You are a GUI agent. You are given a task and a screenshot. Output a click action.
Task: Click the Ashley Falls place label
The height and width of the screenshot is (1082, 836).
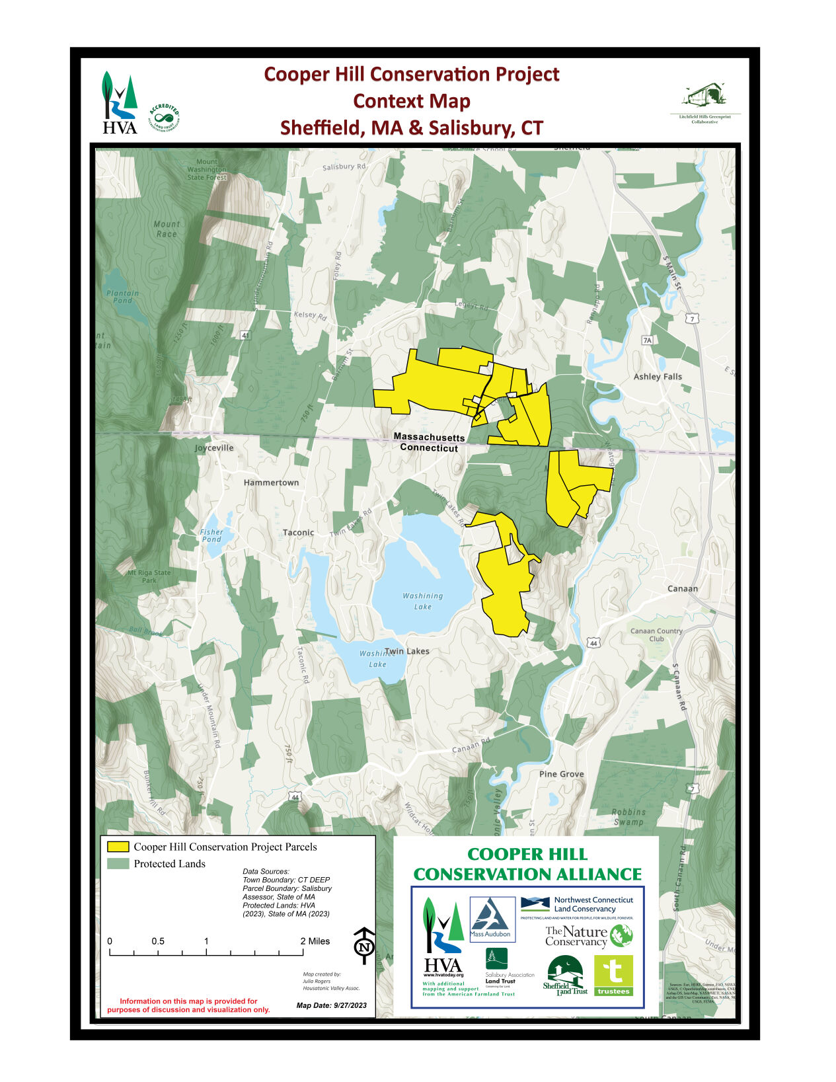(658, 377)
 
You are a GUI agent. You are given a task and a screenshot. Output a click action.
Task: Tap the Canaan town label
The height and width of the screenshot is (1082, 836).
(683, 589)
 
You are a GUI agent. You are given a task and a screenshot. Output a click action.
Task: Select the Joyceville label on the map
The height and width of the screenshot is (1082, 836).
(214, 448)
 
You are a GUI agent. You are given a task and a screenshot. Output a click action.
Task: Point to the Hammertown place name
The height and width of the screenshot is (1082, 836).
(271, 483)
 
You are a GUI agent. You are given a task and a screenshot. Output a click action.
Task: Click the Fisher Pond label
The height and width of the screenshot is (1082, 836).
(211, 535)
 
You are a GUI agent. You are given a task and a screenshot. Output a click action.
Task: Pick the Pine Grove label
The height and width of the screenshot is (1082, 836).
(562, 774)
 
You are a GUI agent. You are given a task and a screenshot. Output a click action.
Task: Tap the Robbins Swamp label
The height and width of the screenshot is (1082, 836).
(628, 817)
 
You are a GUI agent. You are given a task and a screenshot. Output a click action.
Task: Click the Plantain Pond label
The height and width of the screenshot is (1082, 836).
(123, 297)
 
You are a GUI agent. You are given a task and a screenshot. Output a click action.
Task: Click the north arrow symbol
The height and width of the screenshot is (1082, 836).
(363, 945)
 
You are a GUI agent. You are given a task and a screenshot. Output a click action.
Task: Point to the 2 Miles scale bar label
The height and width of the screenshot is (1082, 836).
(315, 941)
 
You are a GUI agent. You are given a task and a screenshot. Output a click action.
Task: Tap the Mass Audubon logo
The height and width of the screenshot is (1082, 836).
(492, 919)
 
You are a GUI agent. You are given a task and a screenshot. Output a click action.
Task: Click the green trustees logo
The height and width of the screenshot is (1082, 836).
(613, 976)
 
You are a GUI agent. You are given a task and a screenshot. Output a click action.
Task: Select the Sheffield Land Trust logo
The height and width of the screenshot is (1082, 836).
(565, 976)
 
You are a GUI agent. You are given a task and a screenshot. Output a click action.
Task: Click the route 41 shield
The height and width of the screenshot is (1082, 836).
(246, 336)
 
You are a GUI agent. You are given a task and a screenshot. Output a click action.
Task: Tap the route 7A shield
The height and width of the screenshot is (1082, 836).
(647, 340)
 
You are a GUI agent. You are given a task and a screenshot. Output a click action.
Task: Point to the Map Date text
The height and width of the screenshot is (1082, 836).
(331, 1006)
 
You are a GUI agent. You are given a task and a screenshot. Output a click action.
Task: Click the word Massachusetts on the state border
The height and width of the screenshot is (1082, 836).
(429, 437)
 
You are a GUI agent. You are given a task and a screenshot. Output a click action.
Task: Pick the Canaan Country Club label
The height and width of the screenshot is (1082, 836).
(656, 635)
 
